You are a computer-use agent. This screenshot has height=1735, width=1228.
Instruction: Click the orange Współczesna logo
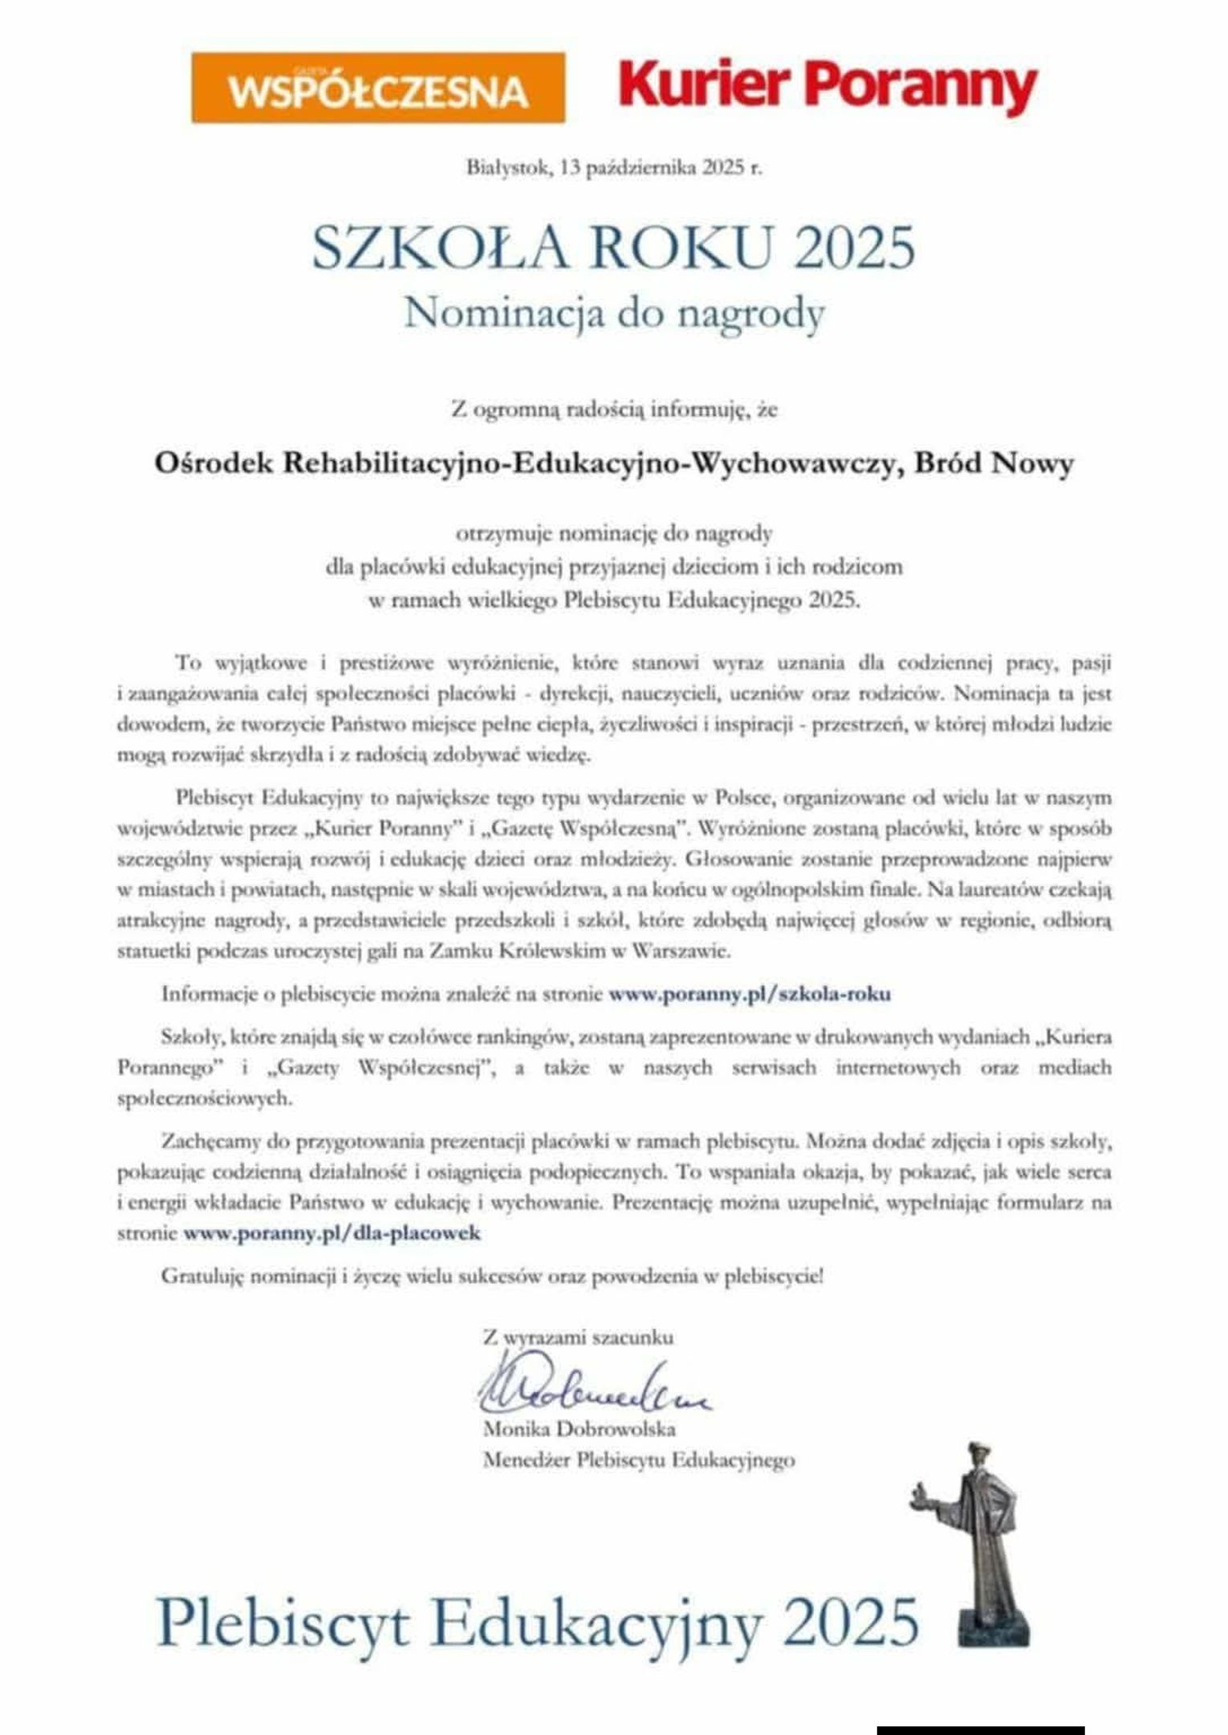point(377,88)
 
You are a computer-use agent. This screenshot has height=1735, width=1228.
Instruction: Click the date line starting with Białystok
point(614,169)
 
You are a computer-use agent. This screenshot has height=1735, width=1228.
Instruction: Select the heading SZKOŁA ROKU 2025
point(614,248)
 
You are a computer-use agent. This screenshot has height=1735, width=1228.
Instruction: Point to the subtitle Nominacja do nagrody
point(614,313)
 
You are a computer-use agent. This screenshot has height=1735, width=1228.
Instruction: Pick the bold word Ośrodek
point(215,464)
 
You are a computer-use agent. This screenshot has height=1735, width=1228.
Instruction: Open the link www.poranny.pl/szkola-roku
point(750,993)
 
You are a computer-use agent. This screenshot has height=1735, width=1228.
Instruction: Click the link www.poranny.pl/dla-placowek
point(331,1233)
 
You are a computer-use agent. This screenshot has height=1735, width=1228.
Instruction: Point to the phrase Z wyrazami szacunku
point(578,1338)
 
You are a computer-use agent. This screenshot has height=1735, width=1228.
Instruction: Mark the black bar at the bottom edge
point(980,1729)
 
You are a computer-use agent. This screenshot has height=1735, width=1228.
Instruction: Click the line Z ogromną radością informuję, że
point(614,409)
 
